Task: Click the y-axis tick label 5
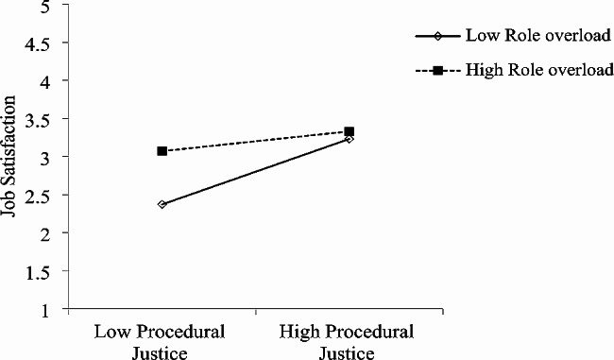[46, 6]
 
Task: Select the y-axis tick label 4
[46, 80]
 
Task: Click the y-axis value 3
[46, 157]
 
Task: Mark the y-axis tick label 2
[46, 233]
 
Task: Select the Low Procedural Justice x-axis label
[161, 344]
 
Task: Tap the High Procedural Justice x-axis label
[349, 344]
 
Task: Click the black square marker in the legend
[438, 71]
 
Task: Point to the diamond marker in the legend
[439, 37]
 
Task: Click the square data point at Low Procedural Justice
[162, 151]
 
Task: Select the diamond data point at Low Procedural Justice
[162, 204]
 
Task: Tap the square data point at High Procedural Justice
[350, 131]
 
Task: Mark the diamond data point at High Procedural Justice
[350, 139]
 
